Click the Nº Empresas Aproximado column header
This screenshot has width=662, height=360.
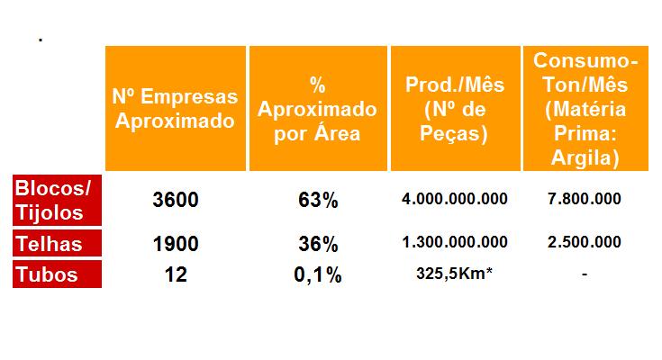[x=176, y=108]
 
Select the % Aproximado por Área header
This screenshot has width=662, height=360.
[x=317, y=108]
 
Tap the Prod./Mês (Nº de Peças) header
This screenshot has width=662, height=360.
[x=455, y=108]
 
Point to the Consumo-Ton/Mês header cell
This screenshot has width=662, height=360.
[x=585, y=108]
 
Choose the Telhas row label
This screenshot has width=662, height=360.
[x=49, y=243]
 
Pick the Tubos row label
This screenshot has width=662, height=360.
[x=47, y=274]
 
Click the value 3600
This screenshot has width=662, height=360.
[x=177, y=200]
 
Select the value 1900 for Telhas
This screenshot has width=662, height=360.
[x=177, y=243]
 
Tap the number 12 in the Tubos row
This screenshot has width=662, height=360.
[x=177, y=274]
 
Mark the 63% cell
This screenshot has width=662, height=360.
[x=317, y=200]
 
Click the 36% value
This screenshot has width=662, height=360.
[x=317, y=243]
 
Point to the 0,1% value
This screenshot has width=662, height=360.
[x=317, y=274]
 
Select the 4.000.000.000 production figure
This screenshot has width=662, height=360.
[x=455, y=199]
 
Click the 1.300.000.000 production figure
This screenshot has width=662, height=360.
[x=455, y=242]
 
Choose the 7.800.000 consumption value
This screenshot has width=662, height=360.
[x=585, y=199]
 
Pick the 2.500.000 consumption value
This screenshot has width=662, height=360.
[x=585, y=242]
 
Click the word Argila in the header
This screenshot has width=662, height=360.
[x=585, y=158]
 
